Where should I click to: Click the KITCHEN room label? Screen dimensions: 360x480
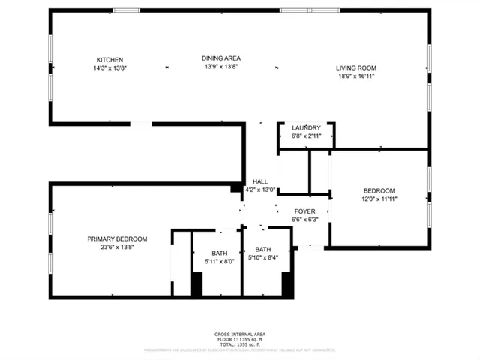click(109, 60)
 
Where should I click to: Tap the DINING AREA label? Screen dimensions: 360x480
click(221, 58)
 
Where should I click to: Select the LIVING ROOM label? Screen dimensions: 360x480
click(355, 68)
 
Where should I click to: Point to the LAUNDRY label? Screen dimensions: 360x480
click(306, 127)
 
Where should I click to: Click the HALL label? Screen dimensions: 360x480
click(260, 181)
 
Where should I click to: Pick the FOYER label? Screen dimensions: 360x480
click(304, 211)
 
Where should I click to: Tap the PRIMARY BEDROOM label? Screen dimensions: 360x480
click(117, 238)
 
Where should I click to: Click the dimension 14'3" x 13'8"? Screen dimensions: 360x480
click(109, 68)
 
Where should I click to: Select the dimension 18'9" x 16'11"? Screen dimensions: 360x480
click(355, 76)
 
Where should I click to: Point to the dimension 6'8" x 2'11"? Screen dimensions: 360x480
click(306, 136)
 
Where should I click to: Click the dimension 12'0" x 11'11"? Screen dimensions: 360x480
click(379, 199)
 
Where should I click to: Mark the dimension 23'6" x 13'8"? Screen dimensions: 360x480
click(117, 247)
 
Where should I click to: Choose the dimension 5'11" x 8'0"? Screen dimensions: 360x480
click(220, 261)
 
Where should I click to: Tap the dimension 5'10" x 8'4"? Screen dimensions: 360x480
click(263, 258)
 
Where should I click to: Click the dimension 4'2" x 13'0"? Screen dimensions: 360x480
click(260, 190)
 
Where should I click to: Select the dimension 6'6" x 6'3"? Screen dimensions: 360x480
click(304, 220)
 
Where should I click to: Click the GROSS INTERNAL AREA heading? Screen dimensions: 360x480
click(240, 334)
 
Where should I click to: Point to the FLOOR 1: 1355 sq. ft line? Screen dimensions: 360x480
click(240, 338)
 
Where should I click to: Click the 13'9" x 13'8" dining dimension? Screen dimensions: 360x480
click(221, 67)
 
